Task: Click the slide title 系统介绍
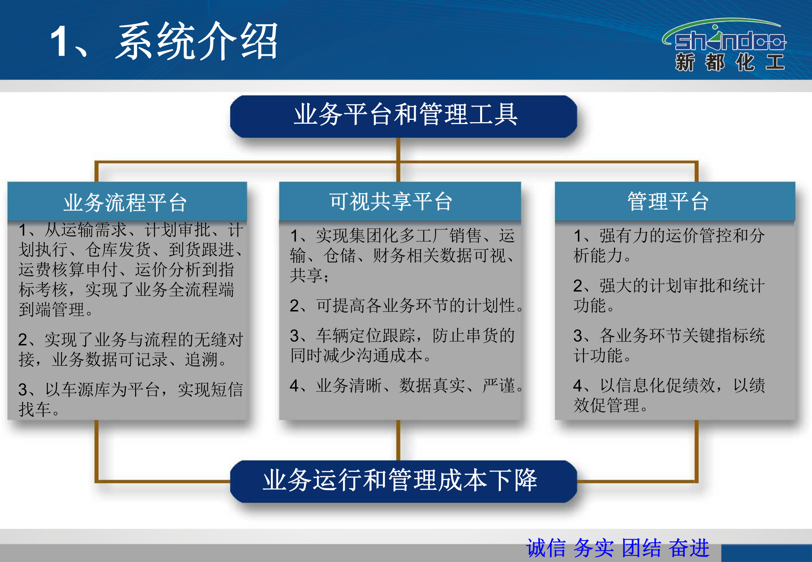coord(197,41)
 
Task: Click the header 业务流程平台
coord(126,202)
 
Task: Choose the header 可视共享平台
coord(390,201)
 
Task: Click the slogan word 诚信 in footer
coord(546,548)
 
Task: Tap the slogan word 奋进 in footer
coord(689,548)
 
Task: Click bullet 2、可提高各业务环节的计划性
coord(406,306)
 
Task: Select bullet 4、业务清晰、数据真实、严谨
coord(406,386)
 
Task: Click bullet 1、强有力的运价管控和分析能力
coord(668,245)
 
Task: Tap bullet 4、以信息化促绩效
coord(668,395)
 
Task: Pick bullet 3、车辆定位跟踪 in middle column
coord(402,345)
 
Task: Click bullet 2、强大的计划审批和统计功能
coord(668,295)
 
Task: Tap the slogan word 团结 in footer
coord(641,548)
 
